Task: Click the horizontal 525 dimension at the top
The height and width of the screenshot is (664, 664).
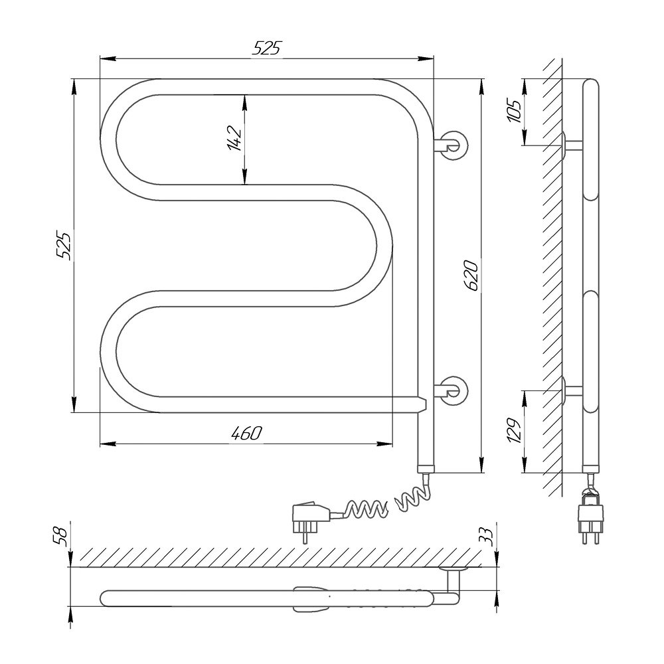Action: [x=266, y=48]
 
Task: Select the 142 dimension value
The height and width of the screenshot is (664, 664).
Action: [x=234, y=138]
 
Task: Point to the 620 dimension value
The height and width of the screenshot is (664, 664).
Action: [x=471, y=276]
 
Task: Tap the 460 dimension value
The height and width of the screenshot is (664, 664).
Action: [x=247, y=433]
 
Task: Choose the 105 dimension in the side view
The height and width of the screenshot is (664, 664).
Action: [x=515, y=112]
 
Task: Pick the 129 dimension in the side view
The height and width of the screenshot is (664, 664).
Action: [x=514, y=430]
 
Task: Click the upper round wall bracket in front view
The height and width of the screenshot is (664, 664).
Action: [x=452, y=145]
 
